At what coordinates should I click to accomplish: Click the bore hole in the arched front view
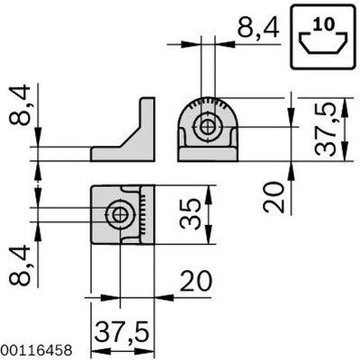(208, 127)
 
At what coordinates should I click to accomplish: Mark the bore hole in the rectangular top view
(118, 214)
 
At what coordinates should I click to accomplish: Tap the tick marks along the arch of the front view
(208, 102)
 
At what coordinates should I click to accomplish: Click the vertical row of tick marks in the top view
(142, 214)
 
